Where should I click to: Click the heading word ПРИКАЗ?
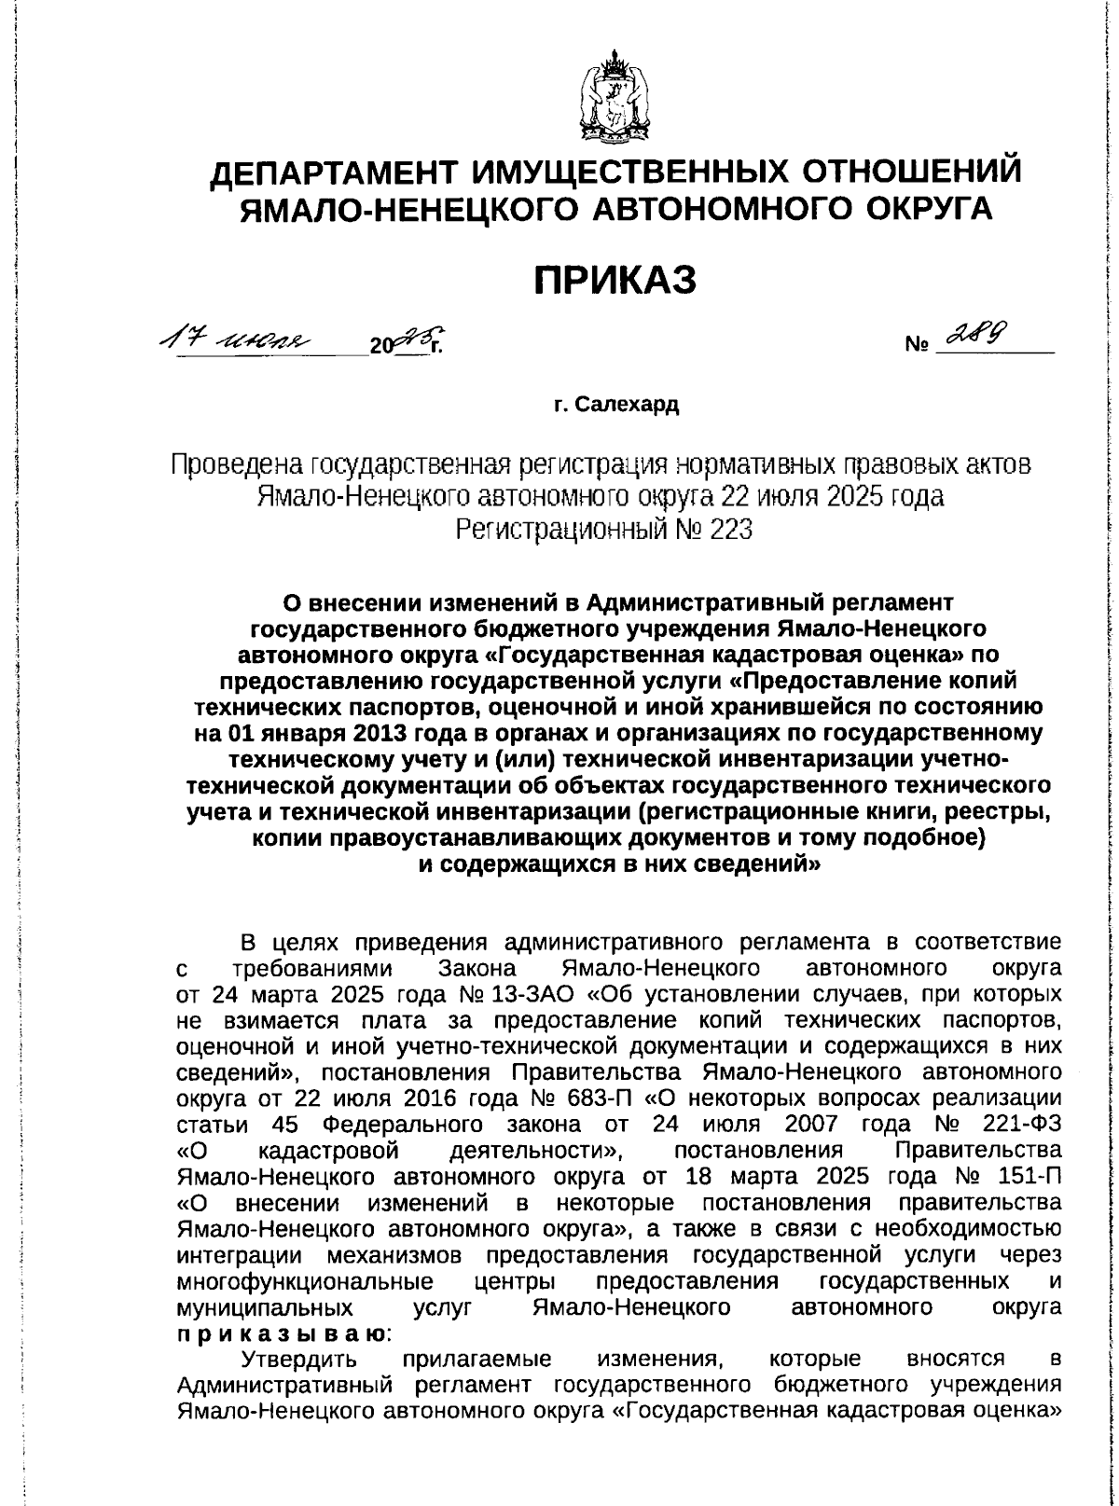coord(615,279)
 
